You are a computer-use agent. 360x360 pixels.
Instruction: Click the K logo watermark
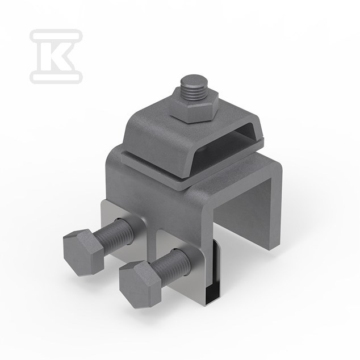[56, 56]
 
